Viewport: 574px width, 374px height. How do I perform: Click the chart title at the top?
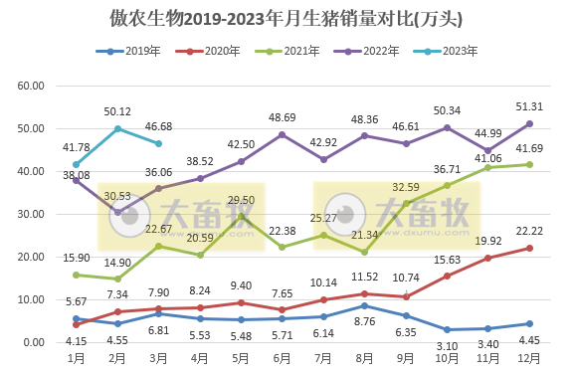point(287,19)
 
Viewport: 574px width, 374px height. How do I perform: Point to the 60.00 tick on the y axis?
point(31,87)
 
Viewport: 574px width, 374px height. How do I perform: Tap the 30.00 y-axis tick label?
point(31,215)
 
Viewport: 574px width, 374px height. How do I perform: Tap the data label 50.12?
point(118,111)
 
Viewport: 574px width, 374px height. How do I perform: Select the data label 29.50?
point(242,200)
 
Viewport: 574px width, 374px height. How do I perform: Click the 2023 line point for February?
point(118,128)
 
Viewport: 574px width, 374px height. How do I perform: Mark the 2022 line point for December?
point(530,123)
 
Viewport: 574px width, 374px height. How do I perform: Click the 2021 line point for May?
point(242,217)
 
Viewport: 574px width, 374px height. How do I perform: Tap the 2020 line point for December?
point(530,248)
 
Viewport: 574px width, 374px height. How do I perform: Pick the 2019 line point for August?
point(365,305)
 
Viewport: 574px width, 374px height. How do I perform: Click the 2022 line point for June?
point(283,134)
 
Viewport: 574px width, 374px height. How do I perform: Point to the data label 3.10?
point(448,344)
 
